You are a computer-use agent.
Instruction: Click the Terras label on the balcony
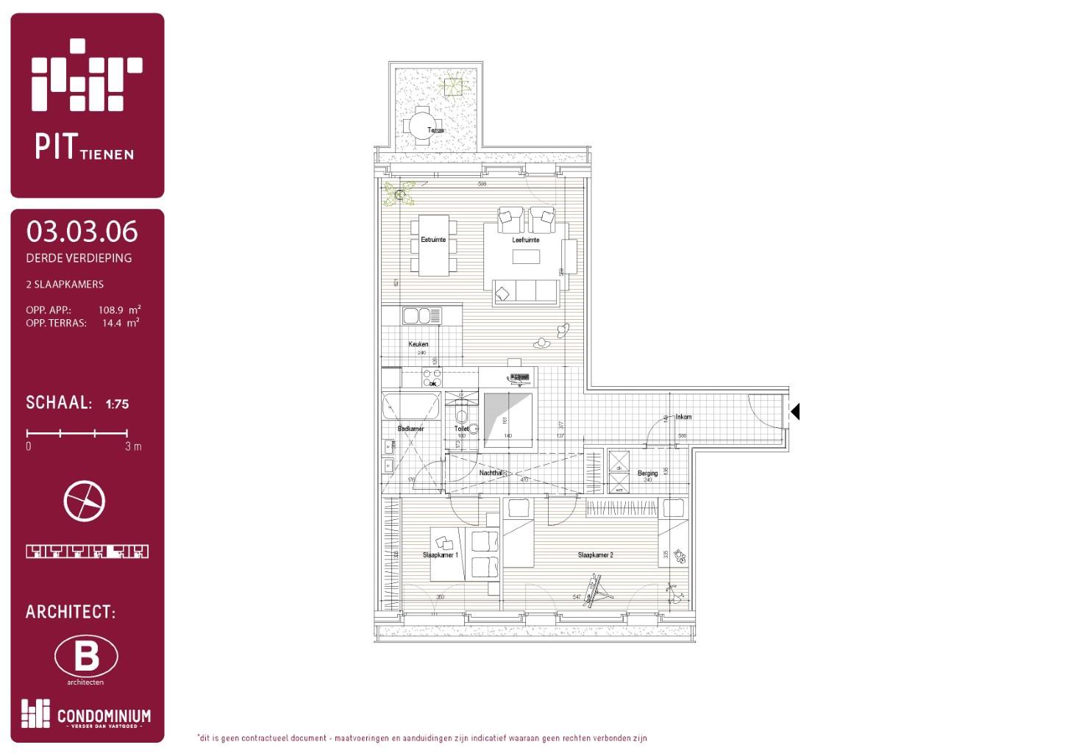[x=435, y=130]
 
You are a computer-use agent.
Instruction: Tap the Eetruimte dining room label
[x=433, y=240]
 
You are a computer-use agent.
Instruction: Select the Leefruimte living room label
[x=526, y=240]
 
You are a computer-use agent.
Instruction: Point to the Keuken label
[x=418, y=344]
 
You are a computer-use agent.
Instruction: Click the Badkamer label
[x=410, y=429]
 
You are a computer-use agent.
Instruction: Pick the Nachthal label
[x=491, y=473]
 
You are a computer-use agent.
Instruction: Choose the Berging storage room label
[x=647, y=474]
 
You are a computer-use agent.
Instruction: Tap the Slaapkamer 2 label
[x=595, y=555]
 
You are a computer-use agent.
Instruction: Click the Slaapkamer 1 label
[x=440, y=555]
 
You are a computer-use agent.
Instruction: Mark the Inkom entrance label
[x=683, y=417]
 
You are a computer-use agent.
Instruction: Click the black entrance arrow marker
[x=794, y=412]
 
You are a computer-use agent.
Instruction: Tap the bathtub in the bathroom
[x=411, y=406]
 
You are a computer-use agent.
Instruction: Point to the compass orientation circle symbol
[x=85, y=502]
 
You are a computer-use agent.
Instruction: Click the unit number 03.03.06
[x=82, y=232]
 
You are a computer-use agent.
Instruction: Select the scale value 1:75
[x=117, y=404]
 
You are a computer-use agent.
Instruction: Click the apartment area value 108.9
[x=111, y=310]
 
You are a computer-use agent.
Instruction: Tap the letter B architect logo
[x=86, y=656]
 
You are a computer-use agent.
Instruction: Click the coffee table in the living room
[x=526, y=257]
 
